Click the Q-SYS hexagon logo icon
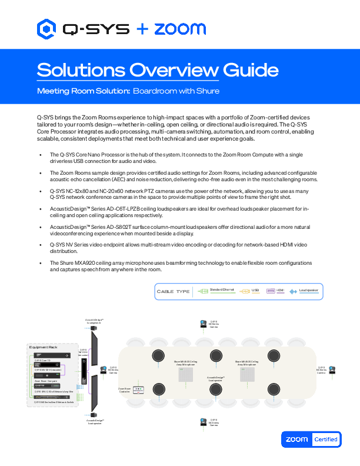tap(47, 28)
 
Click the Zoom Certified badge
tap(311, 439)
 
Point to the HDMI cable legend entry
tap(275, 291)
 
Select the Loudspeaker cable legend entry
tap(304, 291)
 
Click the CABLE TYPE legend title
tap(173, 291)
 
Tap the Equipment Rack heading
tap(43, 348)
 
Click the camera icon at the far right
tap(333, 371)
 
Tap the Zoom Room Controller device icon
tap(139, 389)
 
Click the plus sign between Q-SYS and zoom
tap(142, 28)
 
